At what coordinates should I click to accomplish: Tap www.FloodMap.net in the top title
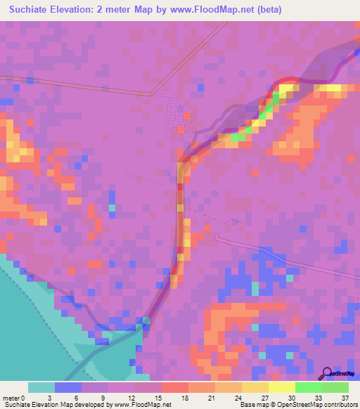click(249, 10)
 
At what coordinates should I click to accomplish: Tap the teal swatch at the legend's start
click(41, 387)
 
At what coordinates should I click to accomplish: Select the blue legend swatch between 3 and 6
click(68, 387)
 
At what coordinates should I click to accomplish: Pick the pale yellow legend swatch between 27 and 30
click(282, 387)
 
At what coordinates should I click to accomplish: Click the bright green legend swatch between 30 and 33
click(309, 387)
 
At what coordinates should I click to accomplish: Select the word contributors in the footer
click(340, 405)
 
